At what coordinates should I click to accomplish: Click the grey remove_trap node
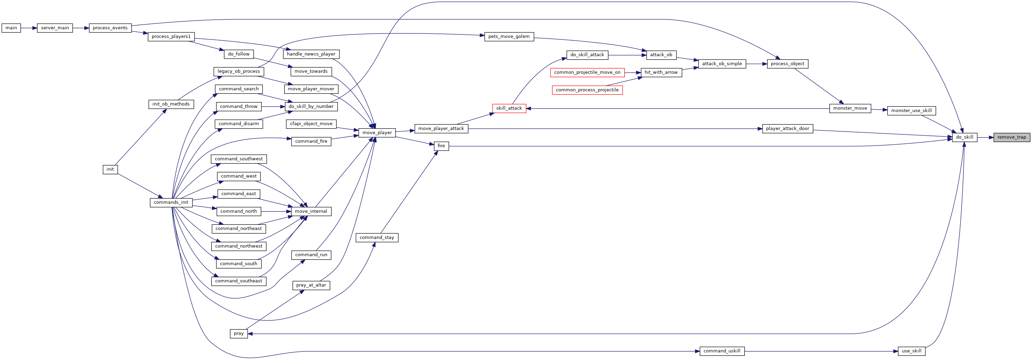click(x=1012, y=137)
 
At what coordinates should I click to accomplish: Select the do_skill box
click(x=964, y=137)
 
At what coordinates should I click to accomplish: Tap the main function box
click(x=11, y=28)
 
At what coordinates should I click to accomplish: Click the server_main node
click(x=55, y=28)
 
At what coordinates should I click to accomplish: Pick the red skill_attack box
click(x=509, y=109)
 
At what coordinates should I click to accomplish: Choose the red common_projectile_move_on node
click(x=587, y=72)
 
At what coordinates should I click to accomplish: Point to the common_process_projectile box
click(x=587, y=90)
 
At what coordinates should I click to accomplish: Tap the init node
click(x=110, y=169)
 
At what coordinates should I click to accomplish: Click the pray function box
click(x=239, y=333)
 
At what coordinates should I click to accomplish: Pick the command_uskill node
click(x=722, y=351)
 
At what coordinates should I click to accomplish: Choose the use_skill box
click(x=911, y=351)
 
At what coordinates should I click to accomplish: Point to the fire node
click(x=441, y=146)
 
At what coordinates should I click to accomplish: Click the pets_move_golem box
click(x=509, y=37)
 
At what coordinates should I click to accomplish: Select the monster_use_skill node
click(x=911, y=111)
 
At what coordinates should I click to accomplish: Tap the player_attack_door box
click(x=787, y=129)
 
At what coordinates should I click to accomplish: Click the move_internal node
click(x=311, y=211)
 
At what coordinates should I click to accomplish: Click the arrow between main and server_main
click(x=29, y=28)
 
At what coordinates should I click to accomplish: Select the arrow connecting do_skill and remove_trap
click(x=985, y=137)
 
